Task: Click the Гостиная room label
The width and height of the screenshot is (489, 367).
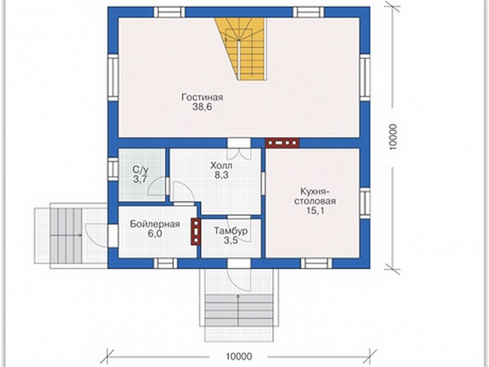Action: point(202,97)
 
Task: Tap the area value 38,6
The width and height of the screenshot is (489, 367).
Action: point(202,107)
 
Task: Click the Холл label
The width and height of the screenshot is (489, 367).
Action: point(221,165)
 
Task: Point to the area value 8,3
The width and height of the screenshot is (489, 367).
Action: point(221,175)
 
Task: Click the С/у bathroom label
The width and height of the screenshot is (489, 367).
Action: point(140,170)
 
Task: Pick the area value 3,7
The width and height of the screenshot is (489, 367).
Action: point(140,180)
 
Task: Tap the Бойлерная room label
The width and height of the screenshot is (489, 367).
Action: point(155,224)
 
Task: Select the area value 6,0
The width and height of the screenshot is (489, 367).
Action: point(155,234)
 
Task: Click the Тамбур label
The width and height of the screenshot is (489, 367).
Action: point(231,231)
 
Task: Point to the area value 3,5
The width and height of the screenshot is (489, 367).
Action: point(231,240)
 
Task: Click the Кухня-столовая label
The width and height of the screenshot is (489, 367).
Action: point(315,196)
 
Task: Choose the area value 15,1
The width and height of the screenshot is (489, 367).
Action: point(315,210)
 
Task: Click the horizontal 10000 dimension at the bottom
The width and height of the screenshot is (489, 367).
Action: point(239,356)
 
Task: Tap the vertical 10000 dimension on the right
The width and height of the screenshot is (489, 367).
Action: point(393,137)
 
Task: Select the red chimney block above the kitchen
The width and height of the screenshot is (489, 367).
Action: point(282,143)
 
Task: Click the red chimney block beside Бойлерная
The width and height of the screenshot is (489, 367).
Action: point(196,231)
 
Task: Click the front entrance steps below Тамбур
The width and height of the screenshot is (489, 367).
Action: point(239,311)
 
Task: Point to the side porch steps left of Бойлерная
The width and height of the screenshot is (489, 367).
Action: point(66,235)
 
